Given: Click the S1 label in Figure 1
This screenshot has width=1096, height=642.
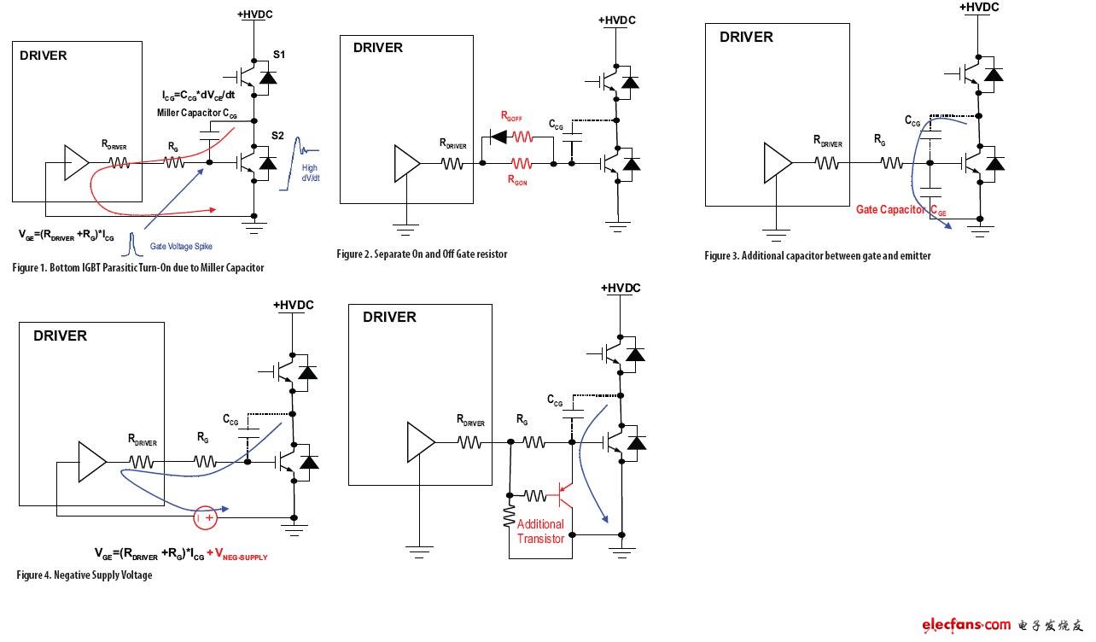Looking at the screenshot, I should [279, 55].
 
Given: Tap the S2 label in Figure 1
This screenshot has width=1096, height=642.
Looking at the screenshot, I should [278, 136].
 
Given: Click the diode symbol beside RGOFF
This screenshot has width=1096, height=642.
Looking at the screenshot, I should [497, 137].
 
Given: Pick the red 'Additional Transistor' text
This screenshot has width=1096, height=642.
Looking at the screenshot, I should [540, 531].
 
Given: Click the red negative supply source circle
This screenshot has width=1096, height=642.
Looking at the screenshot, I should [206, 517].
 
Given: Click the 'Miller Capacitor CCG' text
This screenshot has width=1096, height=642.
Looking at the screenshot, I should [193, 113].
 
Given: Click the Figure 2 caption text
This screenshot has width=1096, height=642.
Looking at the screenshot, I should [422, 254].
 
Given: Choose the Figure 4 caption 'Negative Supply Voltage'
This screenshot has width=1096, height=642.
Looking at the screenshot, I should [84, 575].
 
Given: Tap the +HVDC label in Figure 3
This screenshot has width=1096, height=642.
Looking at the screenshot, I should [979, 8].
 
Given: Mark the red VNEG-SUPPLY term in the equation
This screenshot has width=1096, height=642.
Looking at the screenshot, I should [237, 555].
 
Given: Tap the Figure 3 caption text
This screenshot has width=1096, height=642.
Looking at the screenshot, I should [817, 255].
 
